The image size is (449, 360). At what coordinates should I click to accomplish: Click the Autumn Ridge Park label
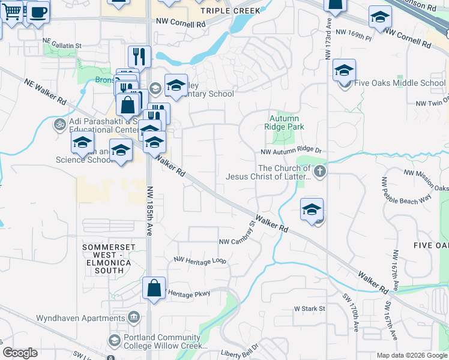pyautogui.click(x=284, y=123)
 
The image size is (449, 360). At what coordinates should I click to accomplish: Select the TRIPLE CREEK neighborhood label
pyautogui.click(x=231, y=11)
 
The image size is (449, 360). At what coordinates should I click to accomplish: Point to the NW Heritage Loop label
pyautogui.click(x=200, y=260)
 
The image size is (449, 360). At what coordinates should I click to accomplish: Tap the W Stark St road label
pyautogui.click(x=309, y=308)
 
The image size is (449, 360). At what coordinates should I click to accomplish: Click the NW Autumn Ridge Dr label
pyautogui.click(x=291, y=152)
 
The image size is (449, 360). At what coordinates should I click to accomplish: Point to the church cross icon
pyautogui.click(x=320, y=172)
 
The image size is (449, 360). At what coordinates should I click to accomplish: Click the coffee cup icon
pyautogui.click(x=38, y=12)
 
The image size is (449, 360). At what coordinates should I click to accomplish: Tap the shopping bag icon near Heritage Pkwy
pyautogui.click(x=154, y=287)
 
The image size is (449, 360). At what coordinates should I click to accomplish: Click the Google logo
pyautogui.click(x=20, y=353)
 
